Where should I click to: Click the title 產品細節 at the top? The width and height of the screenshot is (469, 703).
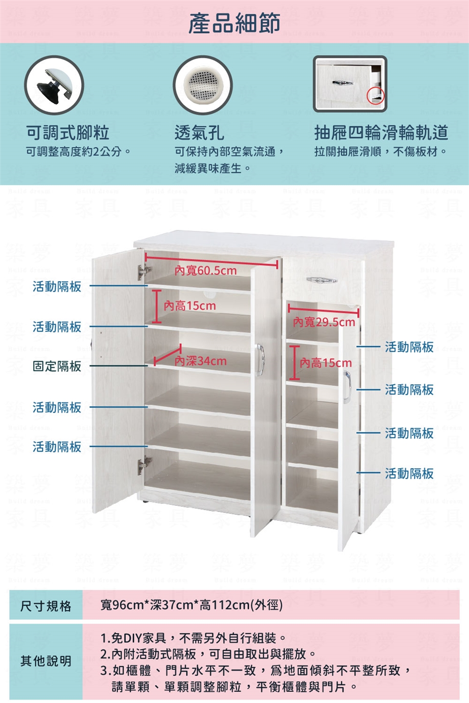[234, 23]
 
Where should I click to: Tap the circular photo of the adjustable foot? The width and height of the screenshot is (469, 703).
[54, 85]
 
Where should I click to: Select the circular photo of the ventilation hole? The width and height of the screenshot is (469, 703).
[203, 85]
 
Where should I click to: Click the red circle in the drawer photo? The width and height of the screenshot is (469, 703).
[376, 95]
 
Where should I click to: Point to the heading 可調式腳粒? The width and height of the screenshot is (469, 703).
[67, 133]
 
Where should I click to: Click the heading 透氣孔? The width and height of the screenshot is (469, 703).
[199, 133]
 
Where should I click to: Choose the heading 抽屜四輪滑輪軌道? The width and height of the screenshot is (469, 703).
[381, 133]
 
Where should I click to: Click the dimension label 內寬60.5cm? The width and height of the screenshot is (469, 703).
[206, 270]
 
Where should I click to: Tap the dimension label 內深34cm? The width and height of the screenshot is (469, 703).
[201, 361]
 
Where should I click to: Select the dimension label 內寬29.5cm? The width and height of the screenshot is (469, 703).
[324, 322]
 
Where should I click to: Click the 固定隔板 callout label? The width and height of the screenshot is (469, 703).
[57, 366]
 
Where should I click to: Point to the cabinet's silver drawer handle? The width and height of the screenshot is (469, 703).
[321, 280]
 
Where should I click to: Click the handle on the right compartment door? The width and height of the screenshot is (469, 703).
[347, 386]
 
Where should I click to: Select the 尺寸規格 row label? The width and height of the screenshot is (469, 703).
[46, 606]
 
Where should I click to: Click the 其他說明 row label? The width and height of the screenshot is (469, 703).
[46, 661]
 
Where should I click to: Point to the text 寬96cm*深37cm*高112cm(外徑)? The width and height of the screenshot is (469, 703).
[192, 605]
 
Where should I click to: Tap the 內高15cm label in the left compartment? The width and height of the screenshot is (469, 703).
[190, 306]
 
